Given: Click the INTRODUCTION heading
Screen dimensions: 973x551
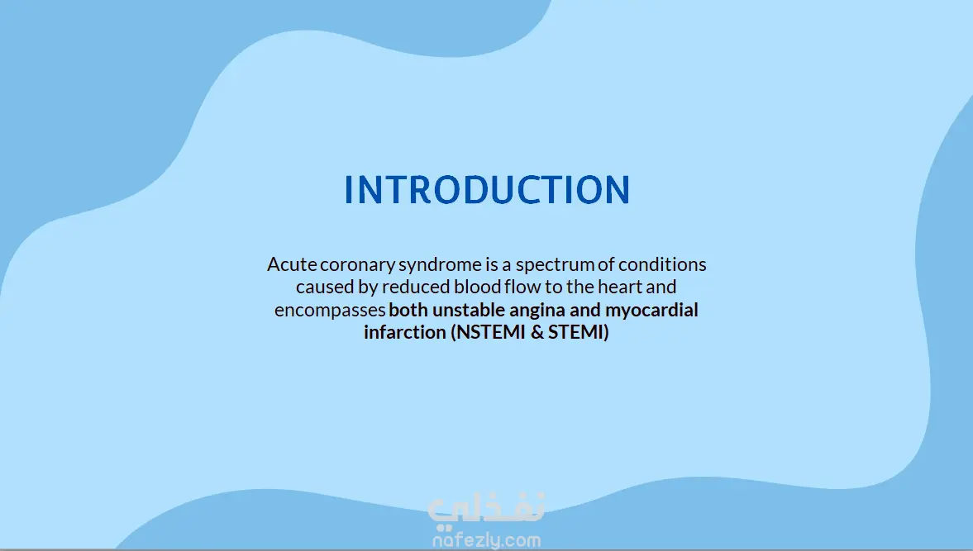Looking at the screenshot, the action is (x=487, y=190).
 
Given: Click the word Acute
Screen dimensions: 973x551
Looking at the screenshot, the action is (x=292, y=264).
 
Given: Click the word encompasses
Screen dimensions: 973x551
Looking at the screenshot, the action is (x=330, y=311).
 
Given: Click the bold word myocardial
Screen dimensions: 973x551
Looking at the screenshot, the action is (x=651, y=311).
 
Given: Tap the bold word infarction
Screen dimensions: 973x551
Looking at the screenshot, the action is (x=405, y=332).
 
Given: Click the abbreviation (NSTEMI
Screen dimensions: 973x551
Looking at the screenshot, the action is (x=489, y=332).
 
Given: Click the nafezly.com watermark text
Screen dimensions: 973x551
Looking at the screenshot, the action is (x=486, y=539).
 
